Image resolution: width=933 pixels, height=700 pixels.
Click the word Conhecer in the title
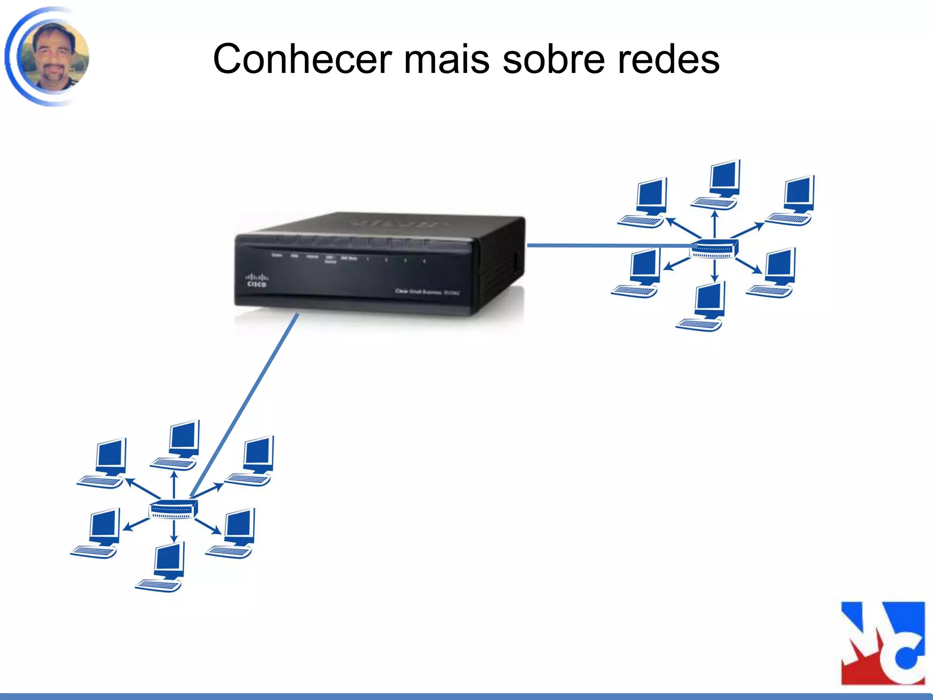pyautogui.click(x=302, y=59)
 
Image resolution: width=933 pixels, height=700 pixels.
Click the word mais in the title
pyautogui.click(x=446, y=59)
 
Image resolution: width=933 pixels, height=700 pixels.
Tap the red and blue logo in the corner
pyautogui.click(x=882, y=643)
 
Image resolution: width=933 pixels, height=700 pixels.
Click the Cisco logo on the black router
pyautogui.click(x=256, y=280)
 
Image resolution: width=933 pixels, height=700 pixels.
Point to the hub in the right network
pyautogui.click(x=713, y=248)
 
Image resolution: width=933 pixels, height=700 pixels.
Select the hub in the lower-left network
pyautogui.click(x=173, y=509)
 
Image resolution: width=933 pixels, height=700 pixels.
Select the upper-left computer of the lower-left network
pyautogui.click(x=104, y=463)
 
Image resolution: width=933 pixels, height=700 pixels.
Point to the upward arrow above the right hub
pyautogui.click(x=714, y=223)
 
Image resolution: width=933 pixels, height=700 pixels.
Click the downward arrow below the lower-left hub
pyautogui.click(x=174, y=531)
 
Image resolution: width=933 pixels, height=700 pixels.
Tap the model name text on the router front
pyautogui.click(x=427, y=292)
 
